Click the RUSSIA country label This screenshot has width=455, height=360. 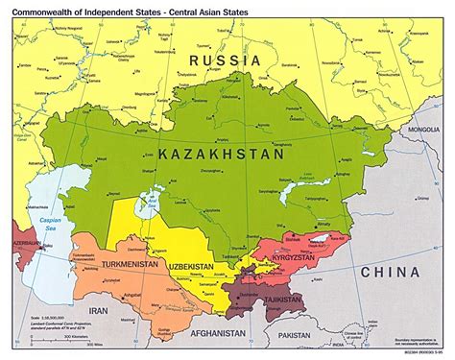click(x=225, y=60)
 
